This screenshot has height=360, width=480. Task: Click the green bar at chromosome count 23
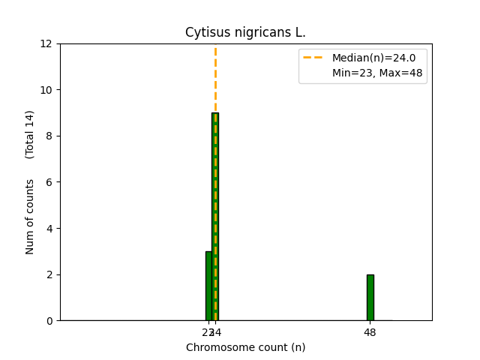point(208,286)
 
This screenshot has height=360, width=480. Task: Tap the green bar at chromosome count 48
point(370,297)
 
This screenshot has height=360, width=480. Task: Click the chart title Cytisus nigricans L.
point(245,33)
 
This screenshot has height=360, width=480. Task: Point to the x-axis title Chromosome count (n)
point(245,347)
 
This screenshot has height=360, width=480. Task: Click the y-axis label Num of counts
point(30,217)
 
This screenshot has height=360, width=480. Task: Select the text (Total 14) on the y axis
point(30,134)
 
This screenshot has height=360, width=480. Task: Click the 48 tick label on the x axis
point(370,332)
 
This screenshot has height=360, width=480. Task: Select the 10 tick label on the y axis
point(46,90)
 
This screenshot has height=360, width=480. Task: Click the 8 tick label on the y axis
point(49,136)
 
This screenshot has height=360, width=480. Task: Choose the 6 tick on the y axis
point(49,182)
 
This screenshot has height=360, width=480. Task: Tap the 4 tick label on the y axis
point(49,228)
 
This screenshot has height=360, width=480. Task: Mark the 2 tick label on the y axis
point(49,274)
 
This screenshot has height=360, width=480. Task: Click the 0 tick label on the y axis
point(49,320)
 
